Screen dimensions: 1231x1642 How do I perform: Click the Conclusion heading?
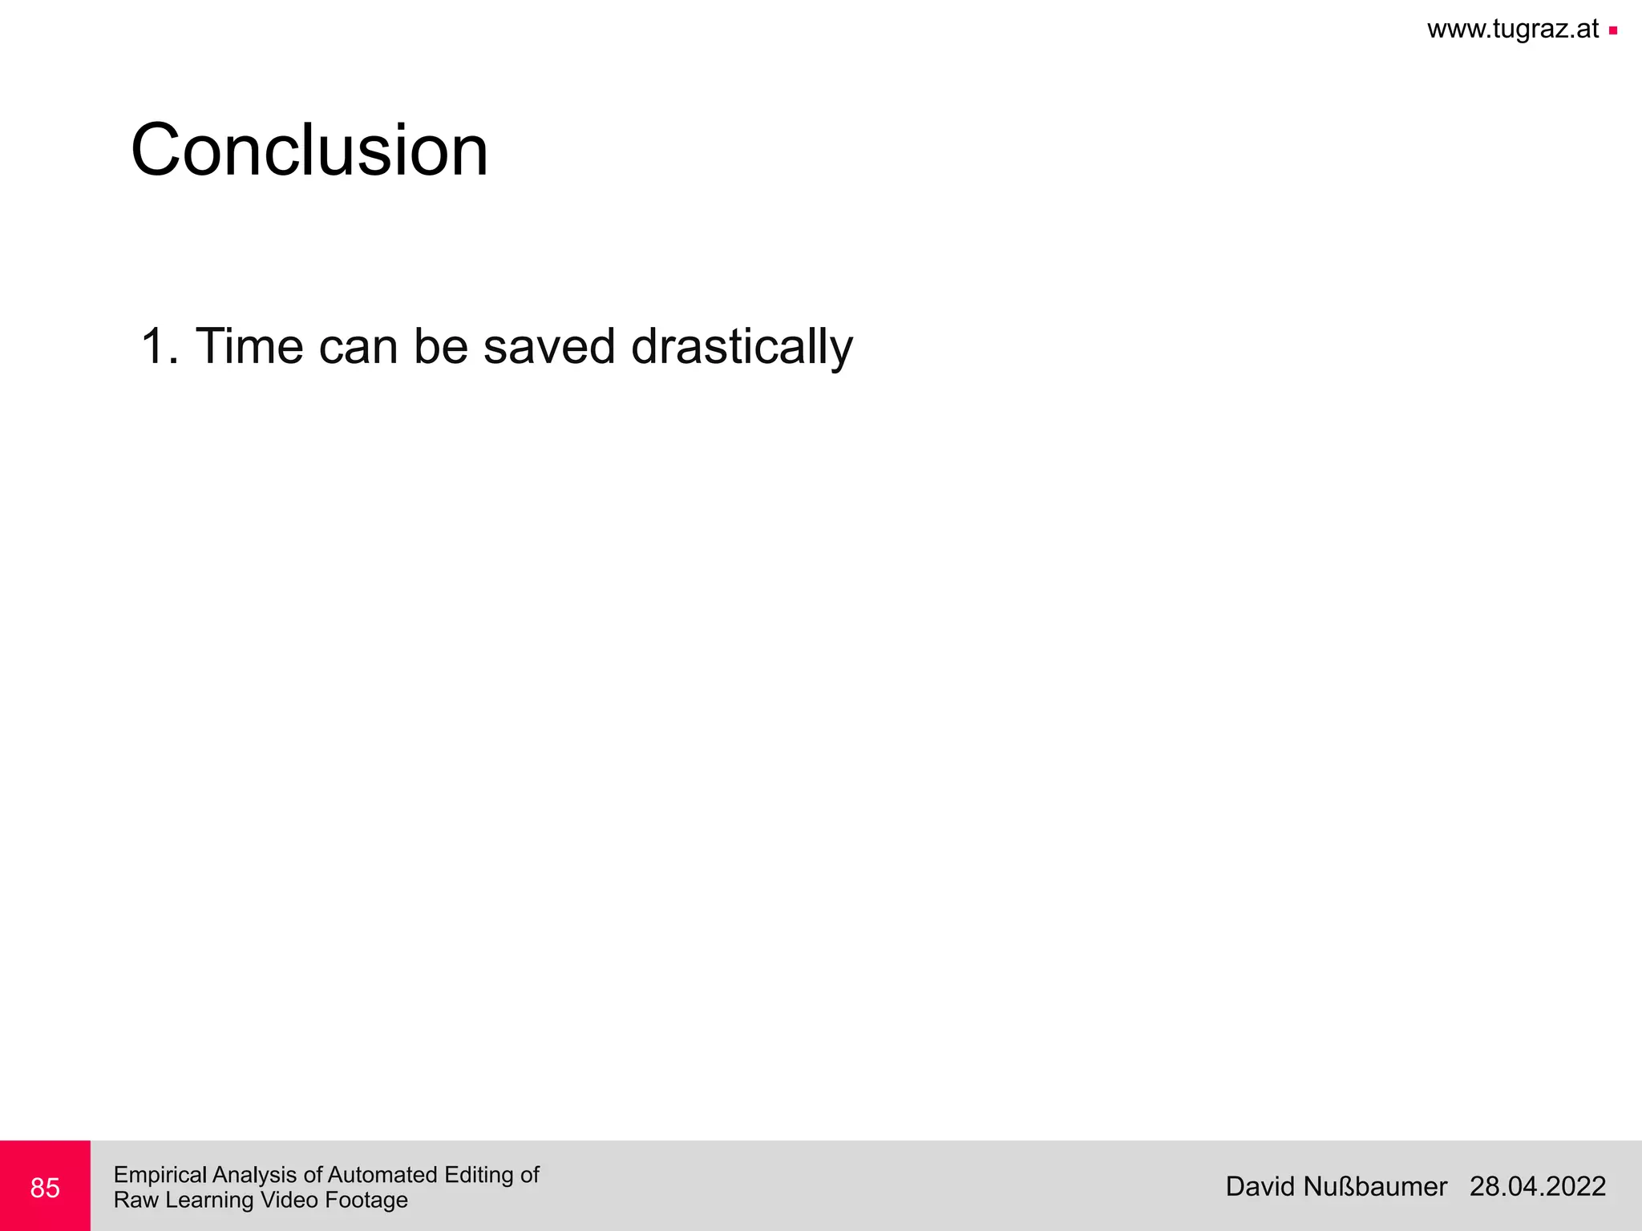pos(309,151)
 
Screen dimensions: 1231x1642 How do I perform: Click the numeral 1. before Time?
pos(159,347)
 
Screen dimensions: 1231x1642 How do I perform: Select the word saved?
pos(548,347)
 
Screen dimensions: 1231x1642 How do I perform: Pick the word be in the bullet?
pos(440,347)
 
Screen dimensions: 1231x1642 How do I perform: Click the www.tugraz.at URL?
pos(1512,30)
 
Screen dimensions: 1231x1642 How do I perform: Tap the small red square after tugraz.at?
pos(1612,31)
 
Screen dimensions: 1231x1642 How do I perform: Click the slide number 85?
pos(45,1188)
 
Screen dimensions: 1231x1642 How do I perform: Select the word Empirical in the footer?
pos(160,1176)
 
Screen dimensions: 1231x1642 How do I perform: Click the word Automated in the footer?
pos(382,1175)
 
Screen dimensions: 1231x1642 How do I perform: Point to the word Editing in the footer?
pos(479,1176)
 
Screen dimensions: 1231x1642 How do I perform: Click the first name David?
pos(1260,1187)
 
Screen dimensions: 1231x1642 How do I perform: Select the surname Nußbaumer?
pos(1375,1187)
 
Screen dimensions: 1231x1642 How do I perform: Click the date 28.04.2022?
pos(1537,1187)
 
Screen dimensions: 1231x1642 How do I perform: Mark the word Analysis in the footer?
pos(255,1176)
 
